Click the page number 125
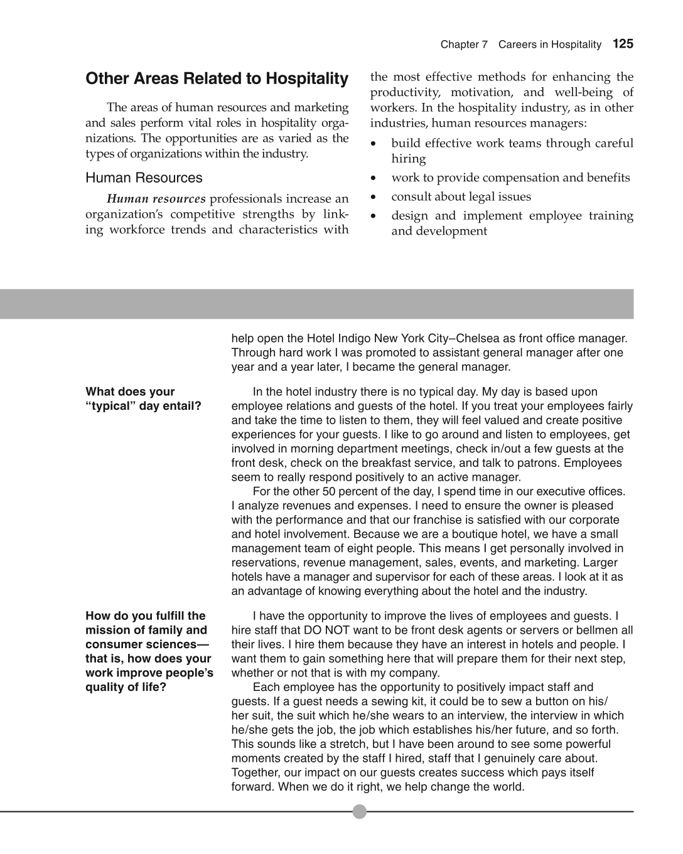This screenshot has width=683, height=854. (623, 44)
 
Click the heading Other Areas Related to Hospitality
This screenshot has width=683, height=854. (217, 79)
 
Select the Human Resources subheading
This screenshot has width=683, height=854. (144, 178)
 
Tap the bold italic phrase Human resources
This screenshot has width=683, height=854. (156, 199)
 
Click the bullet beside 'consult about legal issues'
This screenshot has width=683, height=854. (374, 197)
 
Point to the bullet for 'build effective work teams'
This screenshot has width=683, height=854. (374, 144)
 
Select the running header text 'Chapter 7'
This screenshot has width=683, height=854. (464, 45)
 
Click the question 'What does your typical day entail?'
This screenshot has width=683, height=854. (143, 399)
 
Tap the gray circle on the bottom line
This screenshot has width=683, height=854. (359, 811)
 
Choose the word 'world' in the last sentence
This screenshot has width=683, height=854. (508, 786)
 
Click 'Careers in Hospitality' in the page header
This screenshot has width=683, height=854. (550, 45)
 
